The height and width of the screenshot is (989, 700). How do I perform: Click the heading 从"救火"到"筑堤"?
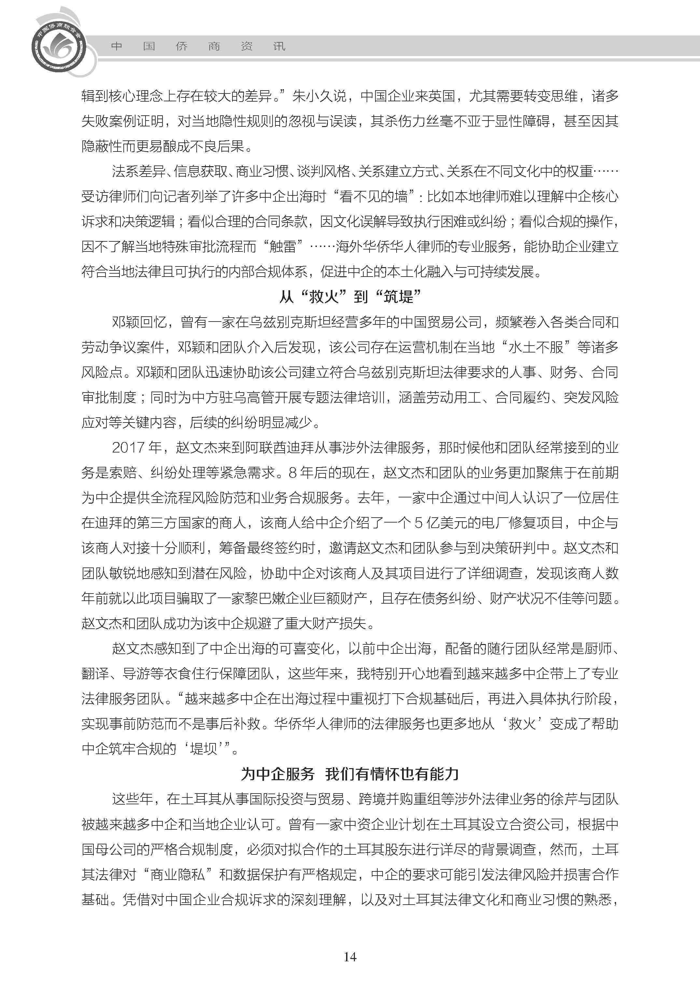point(350,297)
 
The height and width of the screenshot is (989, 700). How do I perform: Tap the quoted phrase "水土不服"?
point(536,347)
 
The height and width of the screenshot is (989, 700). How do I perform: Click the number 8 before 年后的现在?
point(293,473)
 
